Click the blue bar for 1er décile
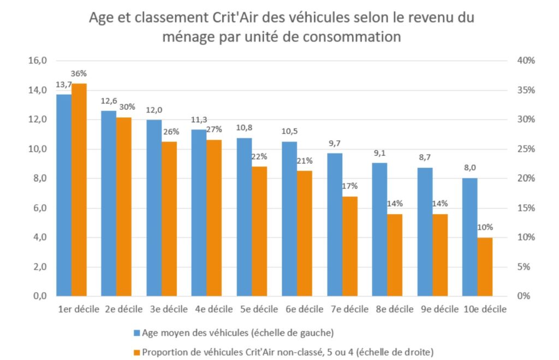coord(64,195)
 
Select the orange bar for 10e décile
coord(485,267)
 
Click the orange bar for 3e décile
coord(169,219)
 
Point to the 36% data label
coord(79,74)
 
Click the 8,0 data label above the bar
coord(469,168)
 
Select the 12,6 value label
coord(109,101)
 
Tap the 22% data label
coord(259,157)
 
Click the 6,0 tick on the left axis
coord(39,208)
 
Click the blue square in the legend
coord(136,333)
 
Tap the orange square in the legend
coord(136,351)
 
